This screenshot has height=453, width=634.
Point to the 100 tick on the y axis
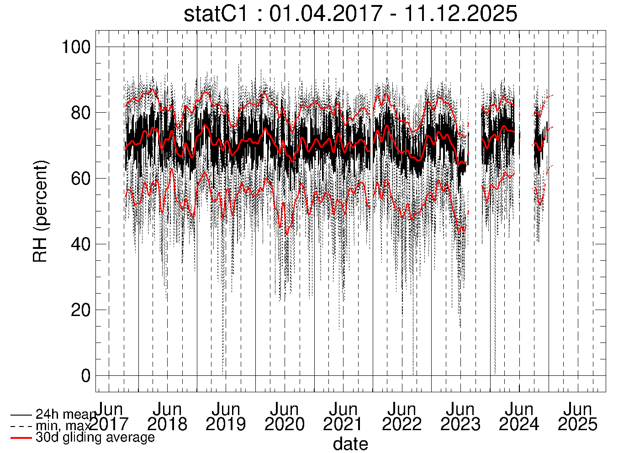(x=76, y=47)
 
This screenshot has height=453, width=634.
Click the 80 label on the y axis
(x=80, y=113)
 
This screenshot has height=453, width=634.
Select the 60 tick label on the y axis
(x=80, y=179)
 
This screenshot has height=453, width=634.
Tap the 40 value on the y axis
(x=80, y=244)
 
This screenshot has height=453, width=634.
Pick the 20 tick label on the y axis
(x=80, y=310)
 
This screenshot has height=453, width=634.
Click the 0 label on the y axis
(x=85, y=376)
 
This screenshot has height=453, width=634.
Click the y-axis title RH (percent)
(x=40, y=211)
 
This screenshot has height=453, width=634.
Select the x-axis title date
(x=350, y=443)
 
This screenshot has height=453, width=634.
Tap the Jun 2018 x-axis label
(x=167, y=416)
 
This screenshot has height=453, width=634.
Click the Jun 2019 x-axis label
(x=226, y=416)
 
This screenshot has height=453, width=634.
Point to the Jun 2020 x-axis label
(x=285, y=416)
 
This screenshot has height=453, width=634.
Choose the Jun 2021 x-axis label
(x=343, y=416)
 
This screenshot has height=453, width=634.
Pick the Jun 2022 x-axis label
(x=402, y=416)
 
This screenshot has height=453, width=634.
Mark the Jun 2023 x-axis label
(x=460, y=416)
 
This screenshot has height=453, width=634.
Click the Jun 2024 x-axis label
(x=519, y=416)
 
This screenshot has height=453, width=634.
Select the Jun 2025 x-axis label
(x=578, y=416)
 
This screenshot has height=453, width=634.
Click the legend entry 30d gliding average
(x=95, y=437)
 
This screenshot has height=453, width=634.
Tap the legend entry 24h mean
(x=65, y=415)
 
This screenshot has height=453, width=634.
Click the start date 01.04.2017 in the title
(x=325, y=14)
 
